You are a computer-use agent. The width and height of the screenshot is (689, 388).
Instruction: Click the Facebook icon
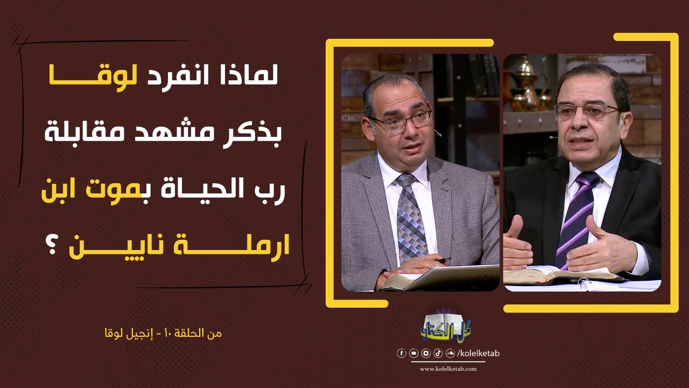(x=401, y=354)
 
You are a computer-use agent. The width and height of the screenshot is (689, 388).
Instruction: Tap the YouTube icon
(x=413, y=354)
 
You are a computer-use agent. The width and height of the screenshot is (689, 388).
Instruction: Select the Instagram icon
(x=425, y=354)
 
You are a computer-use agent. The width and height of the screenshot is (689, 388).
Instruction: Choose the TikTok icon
(x=437, y=354)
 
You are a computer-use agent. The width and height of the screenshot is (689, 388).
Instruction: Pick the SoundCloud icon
(x=449, y=354)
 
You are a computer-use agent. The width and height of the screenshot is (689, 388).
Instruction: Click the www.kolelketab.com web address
(x=448, y=369)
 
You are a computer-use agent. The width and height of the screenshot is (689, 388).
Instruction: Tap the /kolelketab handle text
(x=478, y=354)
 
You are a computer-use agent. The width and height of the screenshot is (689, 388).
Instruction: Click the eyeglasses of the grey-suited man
(x=400, y=121)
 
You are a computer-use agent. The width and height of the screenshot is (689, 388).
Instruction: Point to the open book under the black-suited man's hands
(x=560, y=275)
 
